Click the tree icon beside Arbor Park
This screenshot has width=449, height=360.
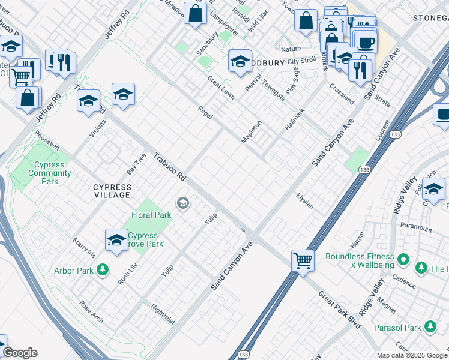tap(103, 270)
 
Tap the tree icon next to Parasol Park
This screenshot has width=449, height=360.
tap(430, 327)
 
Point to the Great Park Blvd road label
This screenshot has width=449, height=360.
tap(340, 310)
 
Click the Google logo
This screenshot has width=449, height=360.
tap(20, 353)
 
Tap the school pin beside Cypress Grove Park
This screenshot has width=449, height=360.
tap(116, 241)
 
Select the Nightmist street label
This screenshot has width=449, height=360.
tap(163, 313)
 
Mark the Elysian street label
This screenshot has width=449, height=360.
tap(305, 201)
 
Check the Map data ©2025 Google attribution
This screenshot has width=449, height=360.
tap(412, 355)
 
